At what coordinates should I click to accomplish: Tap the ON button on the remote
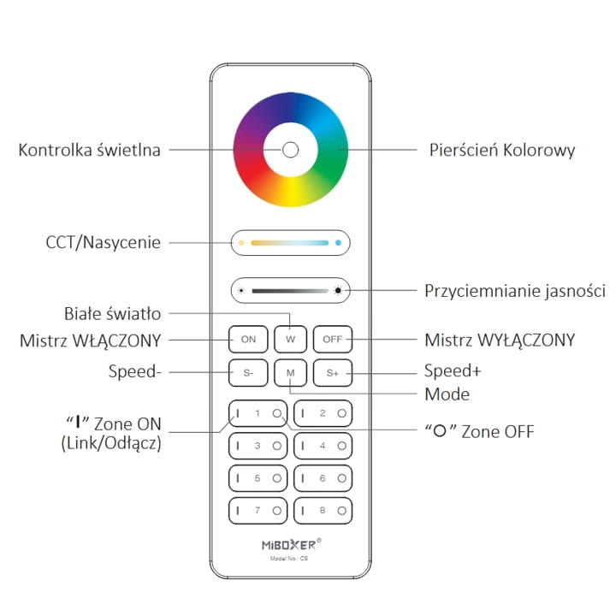pyautogui.click(x=248, y=339)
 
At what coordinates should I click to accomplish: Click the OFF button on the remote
pyautogui.click(x=332, y=339)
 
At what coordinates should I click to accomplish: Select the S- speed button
pyautogui.click(x=248, y=372)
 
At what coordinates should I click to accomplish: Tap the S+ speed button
pyautogui.click(x=332, y=372)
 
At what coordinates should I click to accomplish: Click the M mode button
pyautogui.click(x=290, y=372)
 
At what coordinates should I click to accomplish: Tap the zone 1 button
pyautogui.click(x=258, y=413)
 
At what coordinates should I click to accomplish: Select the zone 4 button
pyautogui.click(x=323, y=446)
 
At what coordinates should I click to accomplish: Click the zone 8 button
pyautogui.click(x=323, y=511)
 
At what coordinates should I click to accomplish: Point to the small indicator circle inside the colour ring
pyautogui.click(x=290, y=150)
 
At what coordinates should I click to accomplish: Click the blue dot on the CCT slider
pyautogui.click(x=338, y=243)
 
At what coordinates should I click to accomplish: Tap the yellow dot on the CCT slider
pyautogui.click(x=241, y=243)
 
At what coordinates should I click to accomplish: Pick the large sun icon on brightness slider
pyautogui.click(x=338, y=291)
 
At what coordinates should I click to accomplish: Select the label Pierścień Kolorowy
pyautogui.click(x=501, y=151)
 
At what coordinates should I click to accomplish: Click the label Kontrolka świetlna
pyautogui.click(x=90, y=150)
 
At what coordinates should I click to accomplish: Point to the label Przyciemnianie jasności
pyautogui.click(x=515, y=292)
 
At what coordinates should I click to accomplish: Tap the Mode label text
pyautogui.click(x=447, y=394)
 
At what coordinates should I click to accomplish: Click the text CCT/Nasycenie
pyautogui.click(x=104, y=242)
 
